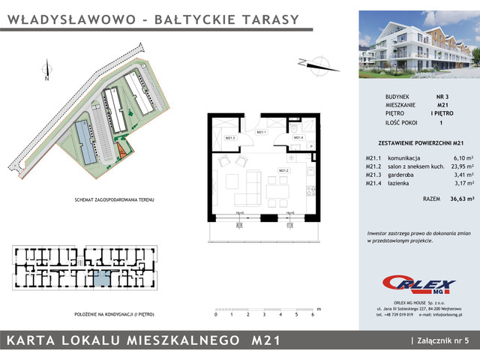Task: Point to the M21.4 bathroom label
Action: (x=297, y=137)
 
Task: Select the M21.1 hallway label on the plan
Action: (x=262, y=133)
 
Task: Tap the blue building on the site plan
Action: (x=85, y=143)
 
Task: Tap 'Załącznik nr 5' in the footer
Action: (x=444, y=341)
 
